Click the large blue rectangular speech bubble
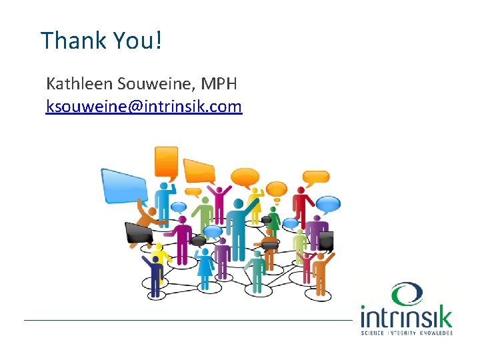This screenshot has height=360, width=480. (x=124, y=185)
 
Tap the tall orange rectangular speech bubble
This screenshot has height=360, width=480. (x=166, y=162)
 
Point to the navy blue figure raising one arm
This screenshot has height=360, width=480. (x=154, y=273)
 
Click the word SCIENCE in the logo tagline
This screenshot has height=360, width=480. (x=372, y=332)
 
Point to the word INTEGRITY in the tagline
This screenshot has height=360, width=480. (x=403, y=332)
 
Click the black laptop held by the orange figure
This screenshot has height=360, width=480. (x=139, y=233)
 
